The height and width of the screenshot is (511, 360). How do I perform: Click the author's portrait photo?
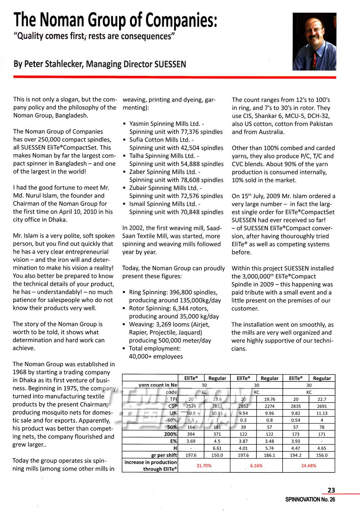click(314, 41)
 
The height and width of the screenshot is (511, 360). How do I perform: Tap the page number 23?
click(331, 490)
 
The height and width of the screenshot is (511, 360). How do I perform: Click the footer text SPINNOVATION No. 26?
click(310, 499)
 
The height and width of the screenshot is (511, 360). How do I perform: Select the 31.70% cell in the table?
click(204, 466)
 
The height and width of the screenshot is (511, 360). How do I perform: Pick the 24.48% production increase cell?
click(309, 466)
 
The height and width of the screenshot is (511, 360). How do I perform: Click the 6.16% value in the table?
click(256, 466)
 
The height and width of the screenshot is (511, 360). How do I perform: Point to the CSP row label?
click(172, 406)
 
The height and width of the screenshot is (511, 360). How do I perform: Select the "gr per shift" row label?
click(164, 455)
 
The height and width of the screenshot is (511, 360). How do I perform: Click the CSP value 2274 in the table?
click(269, 406)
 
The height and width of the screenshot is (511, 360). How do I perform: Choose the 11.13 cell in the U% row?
click(322, 413)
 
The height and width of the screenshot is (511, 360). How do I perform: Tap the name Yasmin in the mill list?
click(139, 124)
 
